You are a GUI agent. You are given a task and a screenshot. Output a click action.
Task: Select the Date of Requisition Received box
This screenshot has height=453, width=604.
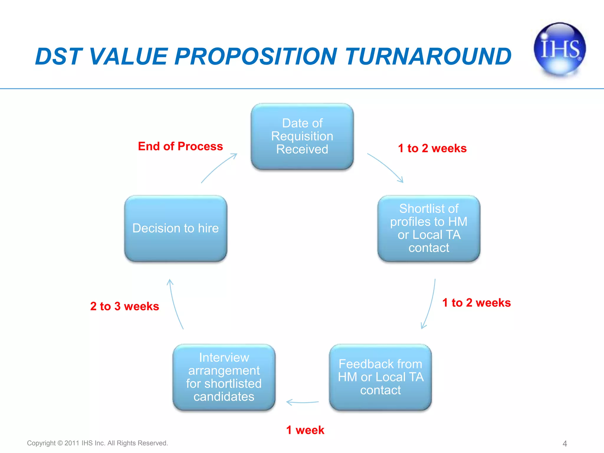tap(302, 136)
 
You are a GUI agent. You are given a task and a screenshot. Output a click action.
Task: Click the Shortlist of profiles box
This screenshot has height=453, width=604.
tap(429, 228)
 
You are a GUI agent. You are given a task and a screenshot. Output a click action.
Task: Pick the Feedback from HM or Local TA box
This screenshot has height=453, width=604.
tap(380, 377)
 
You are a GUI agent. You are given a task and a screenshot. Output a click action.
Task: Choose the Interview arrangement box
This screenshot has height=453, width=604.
tap(224, 377)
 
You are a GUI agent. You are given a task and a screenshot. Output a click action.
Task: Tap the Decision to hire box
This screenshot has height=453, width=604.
tap(175, 228)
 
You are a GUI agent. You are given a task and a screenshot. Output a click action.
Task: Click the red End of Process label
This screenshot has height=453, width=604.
tap(180, 146)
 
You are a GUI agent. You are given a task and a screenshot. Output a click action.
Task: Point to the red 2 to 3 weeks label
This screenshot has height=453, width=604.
tap(124, 306)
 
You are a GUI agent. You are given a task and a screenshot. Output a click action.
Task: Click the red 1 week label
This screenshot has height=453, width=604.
tap(305, 430)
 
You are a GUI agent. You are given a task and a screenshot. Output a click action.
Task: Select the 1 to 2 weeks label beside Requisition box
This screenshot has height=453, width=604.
tap(432, 148)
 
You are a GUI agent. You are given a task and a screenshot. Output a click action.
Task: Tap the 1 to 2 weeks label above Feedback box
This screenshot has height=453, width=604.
tap(476, 303)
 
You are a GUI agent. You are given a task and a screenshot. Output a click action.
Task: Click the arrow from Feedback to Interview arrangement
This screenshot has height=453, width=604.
tap(302, 402)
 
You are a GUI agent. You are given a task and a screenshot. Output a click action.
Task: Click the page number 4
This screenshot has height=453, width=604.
tap(564, 444)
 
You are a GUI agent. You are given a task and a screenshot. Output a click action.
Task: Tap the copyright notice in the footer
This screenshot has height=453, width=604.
tap(97, 443)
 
